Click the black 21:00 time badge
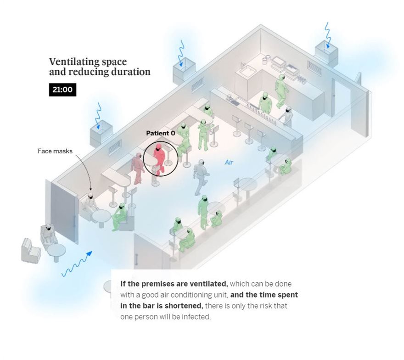(62, 90)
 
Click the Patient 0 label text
(161, 133)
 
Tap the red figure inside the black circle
(159, 159)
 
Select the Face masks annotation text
(55, 151)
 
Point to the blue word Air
(229, 162)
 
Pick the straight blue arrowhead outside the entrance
(89, 253)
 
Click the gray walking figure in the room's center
(201, 177)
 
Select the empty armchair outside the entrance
(31, 250)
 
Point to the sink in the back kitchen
(247, 70)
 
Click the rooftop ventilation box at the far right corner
(326, 53)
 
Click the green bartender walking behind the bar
(281, 91)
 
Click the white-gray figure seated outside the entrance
(49, 235)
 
